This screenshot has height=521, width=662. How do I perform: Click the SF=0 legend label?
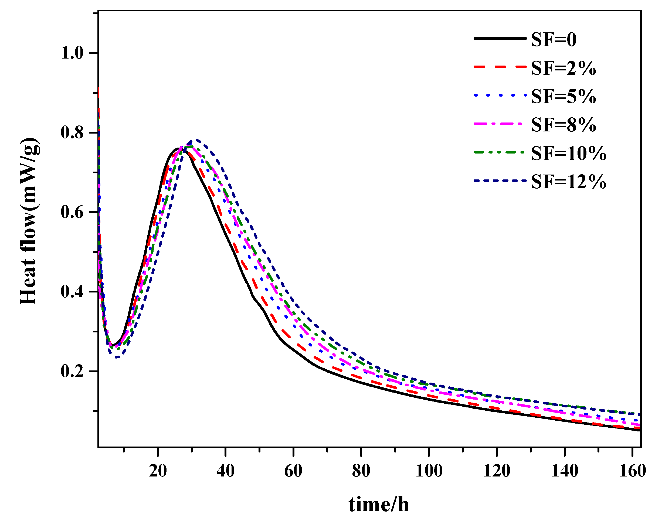point(554,40)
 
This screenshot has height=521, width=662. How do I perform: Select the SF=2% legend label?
point(563,68)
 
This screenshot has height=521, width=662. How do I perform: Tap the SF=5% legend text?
point(563,96)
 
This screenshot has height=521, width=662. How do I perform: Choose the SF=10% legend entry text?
point(568,153)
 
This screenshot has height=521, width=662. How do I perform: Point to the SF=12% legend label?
point(568,182)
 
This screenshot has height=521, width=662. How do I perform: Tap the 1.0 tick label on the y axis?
point(72,53)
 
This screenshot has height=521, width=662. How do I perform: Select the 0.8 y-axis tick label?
point(72,133)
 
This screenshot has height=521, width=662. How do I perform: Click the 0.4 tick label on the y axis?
point(72,292)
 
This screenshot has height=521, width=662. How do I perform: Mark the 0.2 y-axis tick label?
point(72,371)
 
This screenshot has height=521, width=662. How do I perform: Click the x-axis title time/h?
point(379,504)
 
